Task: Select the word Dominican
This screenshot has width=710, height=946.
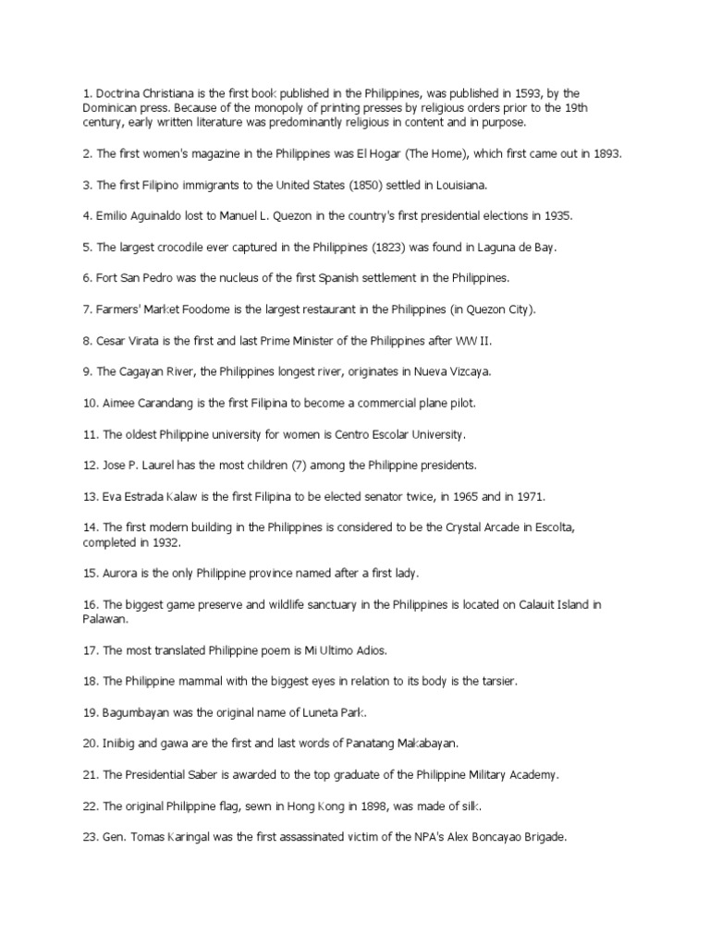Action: click(x=111, y=108)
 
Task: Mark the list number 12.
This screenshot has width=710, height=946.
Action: click(x=90, y=466)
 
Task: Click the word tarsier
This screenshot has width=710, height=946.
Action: click(x=496, y=681)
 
